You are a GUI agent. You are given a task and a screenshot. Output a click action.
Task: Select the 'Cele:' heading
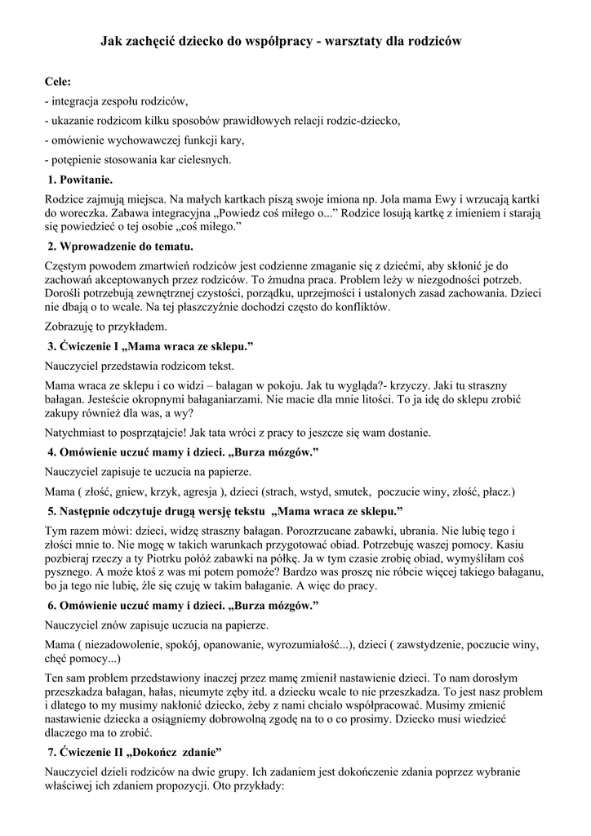point(57,82)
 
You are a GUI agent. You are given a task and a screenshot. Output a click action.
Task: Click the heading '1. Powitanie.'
point(79,180)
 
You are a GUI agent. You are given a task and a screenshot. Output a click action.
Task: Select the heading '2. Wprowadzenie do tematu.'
point(121,246)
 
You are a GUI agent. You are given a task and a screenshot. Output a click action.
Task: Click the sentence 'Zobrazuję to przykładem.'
point(105,326)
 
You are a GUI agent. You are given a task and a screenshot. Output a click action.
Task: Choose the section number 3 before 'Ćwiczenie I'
point(51,346)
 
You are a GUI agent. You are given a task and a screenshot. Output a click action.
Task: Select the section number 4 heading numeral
point(51,451)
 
